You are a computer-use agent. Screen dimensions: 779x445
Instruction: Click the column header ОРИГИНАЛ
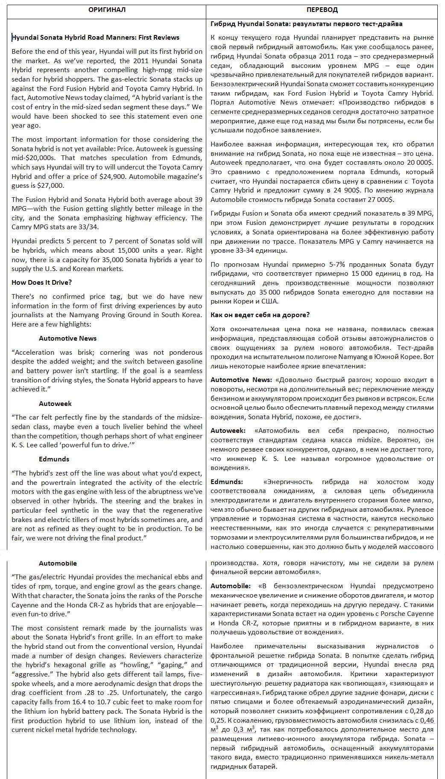tap(107, 10)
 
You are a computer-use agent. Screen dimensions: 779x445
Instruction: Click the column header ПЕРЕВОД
tap(322, 10)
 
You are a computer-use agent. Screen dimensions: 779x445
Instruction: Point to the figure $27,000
tap(51, 186)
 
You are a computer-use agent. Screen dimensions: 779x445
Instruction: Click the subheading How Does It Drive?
tap(41, 283)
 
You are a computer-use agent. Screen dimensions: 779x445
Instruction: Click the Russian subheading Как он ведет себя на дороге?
tap(260, 315)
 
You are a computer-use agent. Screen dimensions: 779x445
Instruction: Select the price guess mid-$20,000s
tap(29, 158)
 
